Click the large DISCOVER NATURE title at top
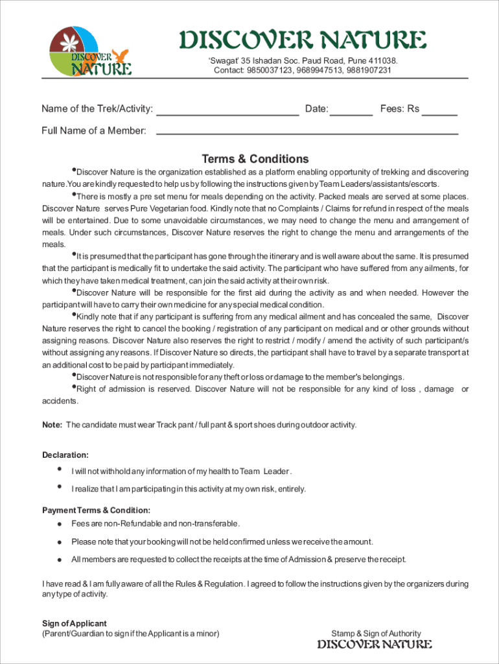click(303, 40)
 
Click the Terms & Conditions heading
click(255, 159)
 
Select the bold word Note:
click(52, 425)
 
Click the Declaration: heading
click(65, 455)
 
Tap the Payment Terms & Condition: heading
click(97, 510)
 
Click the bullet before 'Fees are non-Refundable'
click(59, 524)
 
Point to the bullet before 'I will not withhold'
click(60, 469)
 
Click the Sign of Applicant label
click(75, 623)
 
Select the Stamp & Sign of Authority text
click(376, 634)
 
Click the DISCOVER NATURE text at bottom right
click(375, 645)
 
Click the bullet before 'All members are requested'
click(59, 560)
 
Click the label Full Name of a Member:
click(94, 131)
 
